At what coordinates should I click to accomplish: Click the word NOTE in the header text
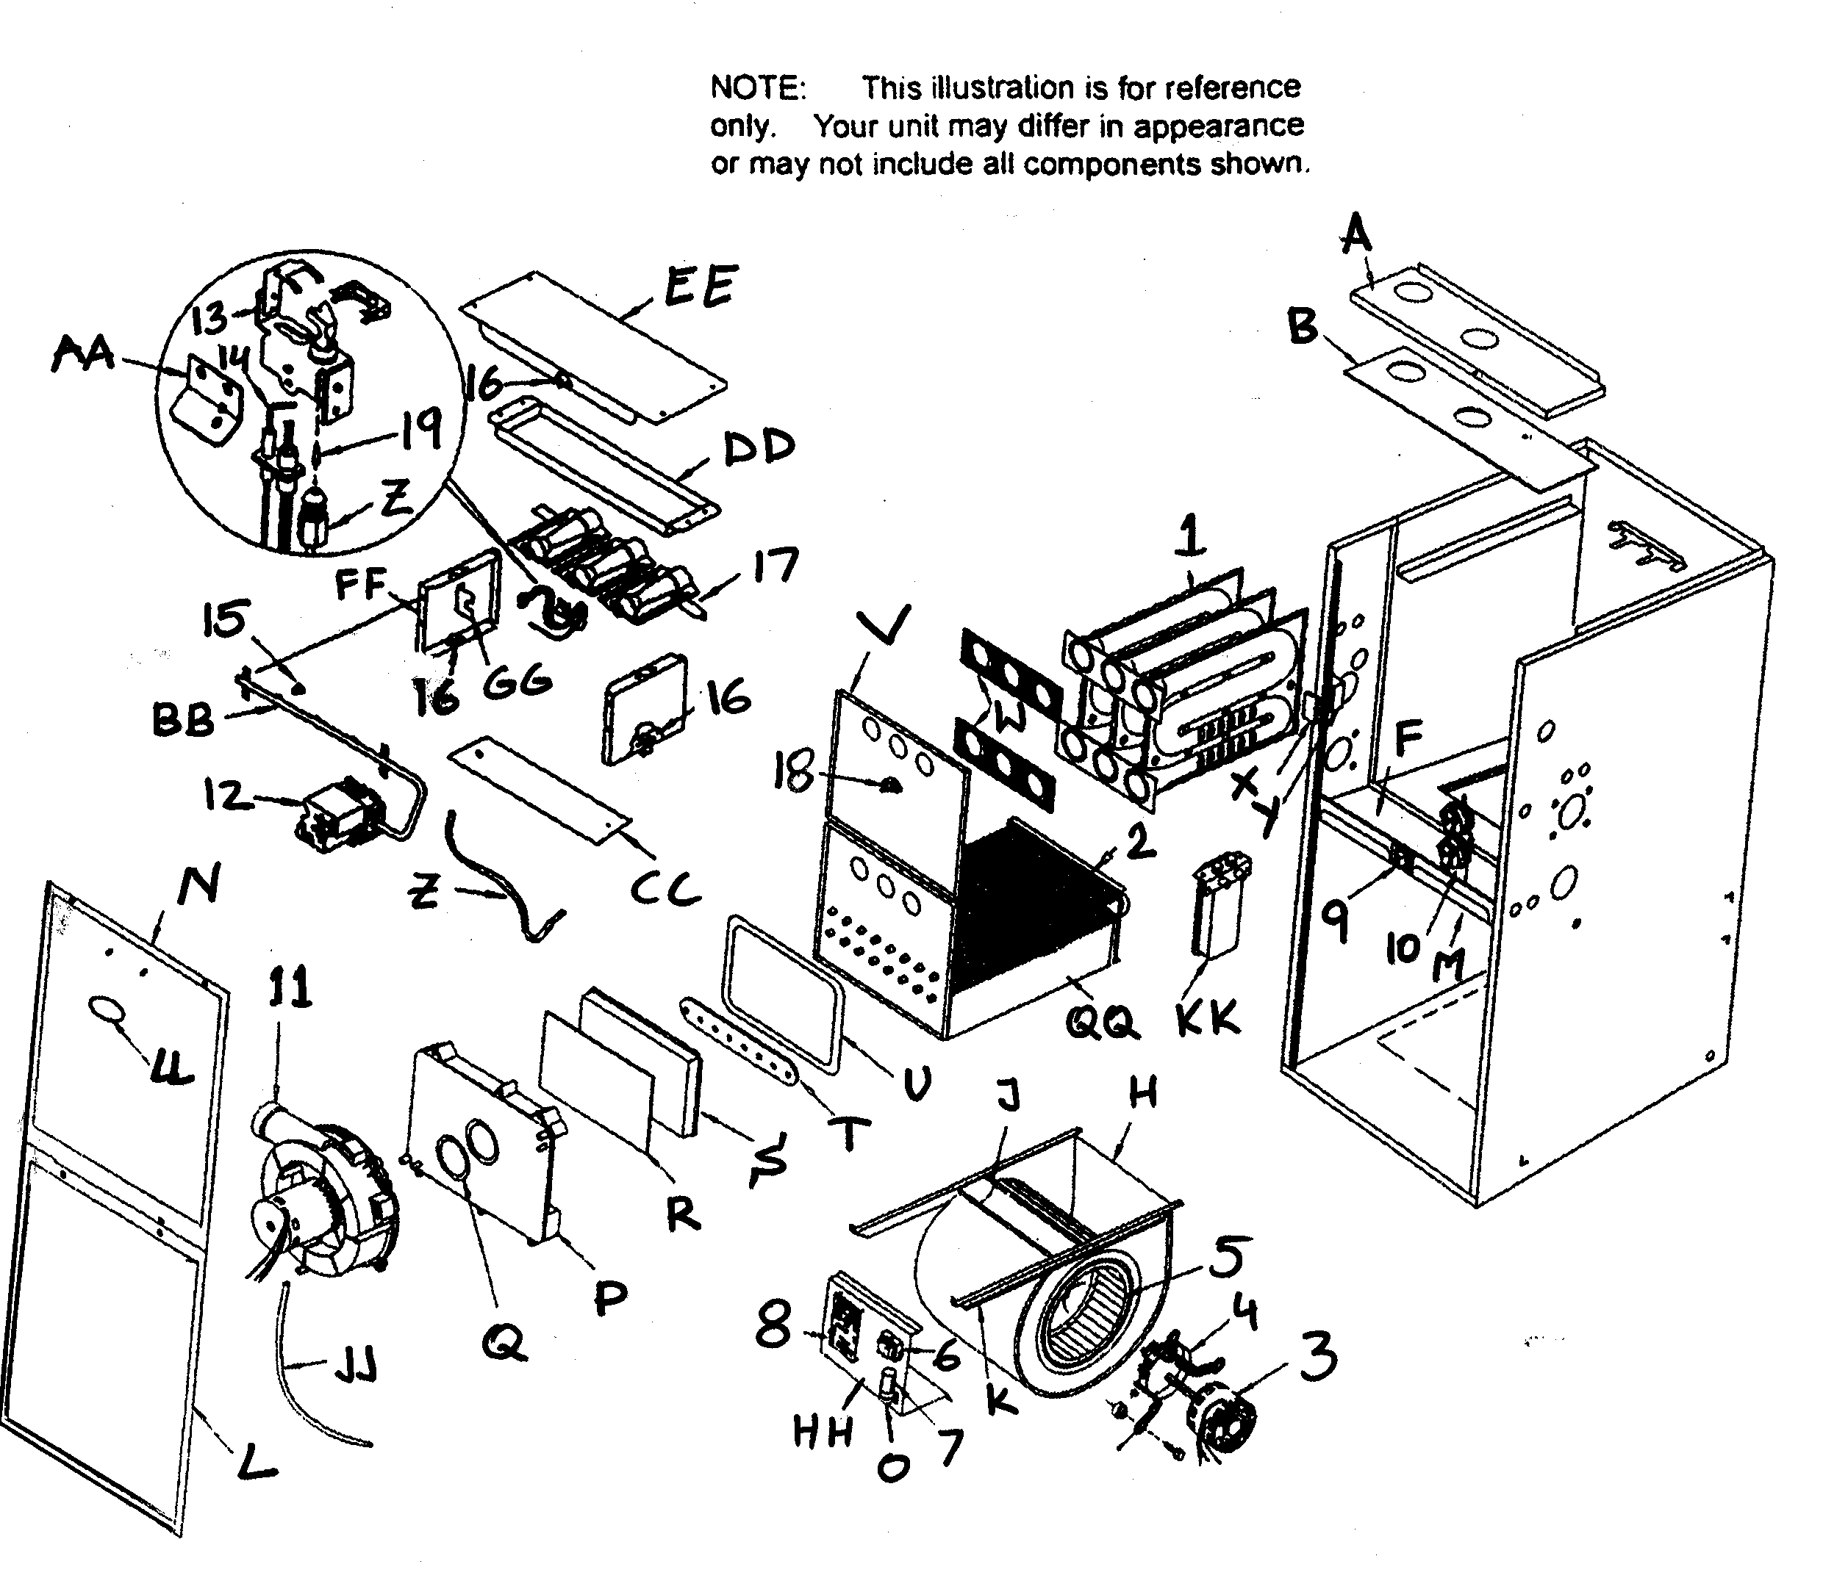click(756, 87)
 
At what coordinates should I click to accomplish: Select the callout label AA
click(85, 354)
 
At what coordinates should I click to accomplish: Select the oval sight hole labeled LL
click(107, 1010)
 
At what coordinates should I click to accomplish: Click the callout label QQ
click(1100, 1023)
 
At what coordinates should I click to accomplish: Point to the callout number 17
click(776, 565)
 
